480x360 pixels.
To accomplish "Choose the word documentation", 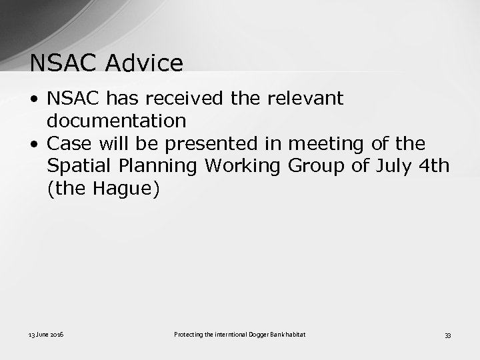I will (117, 121).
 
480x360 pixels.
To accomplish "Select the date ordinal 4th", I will (435, 166).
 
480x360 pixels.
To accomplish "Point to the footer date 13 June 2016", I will (47, 334).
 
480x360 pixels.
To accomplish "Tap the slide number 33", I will (448, 335).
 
